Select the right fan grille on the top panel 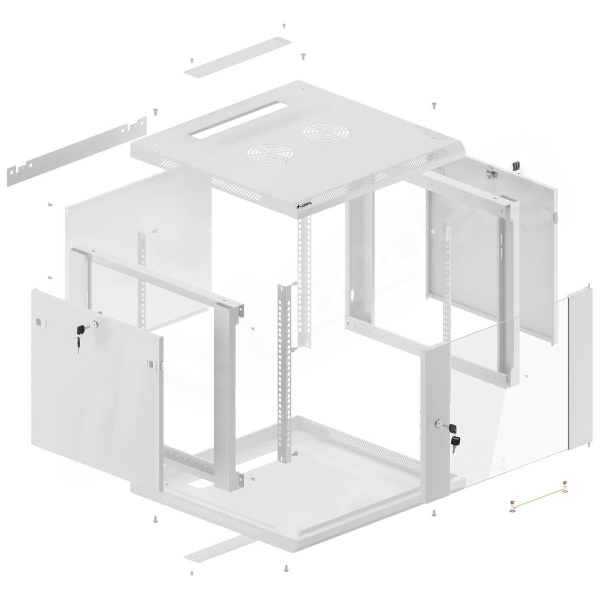[x=322, y=133]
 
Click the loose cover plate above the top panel [x=238, y=58]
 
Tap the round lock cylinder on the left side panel [x=95, y=324]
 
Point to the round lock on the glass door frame [x=437, y=425]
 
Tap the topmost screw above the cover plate [x=284, y=26]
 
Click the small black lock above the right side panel [x=516, y=166]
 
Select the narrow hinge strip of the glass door [x=580, y=369]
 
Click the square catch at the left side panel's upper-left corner [x=37, y=323]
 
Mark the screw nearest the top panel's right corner [x=433, y=105]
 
